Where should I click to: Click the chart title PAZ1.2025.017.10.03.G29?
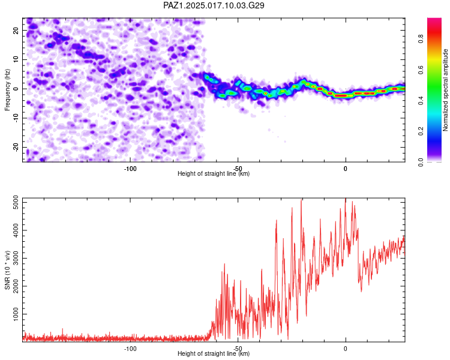click(x=214, y=5)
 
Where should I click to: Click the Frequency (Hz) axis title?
click(x=7, y=90)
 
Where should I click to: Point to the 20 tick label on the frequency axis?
click(x=16, y=31)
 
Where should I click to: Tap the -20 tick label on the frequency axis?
click(x=16, y=148)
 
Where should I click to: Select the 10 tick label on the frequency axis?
click(x=16, y=59)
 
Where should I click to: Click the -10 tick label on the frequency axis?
click(x=16, y=118)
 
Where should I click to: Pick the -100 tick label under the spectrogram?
click(x=130, y=169)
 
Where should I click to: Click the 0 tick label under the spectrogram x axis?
click(x=346, y=169)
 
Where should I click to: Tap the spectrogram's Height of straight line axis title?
click(x=214, y=173)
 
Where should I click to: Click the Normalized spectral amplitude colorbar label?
click(x=445, y=90)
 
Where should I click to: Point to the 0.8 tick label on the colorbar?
click(x=421, y=39)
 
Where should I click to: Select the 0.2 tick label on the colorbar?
click(x=421, y=131)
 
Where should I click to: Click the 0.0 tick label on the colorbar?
click(x=421, y=162)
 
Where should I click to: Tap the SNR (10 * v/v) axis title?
click(x=7, y=270)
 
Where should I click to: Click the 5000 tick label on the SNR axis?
click(x=16, y=202)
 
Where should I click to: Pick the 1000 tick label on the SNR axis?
click(x=16, y=314)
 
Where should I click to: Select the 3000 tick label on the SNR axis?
click(x=16, y=259)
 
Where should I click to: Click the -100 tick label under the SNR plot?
click(x=130, y=349)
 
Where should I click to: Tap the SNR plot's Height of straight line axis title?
click(x=214, y=353)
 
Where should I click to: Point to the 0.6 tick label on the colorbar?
click(x=421, y=70)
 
